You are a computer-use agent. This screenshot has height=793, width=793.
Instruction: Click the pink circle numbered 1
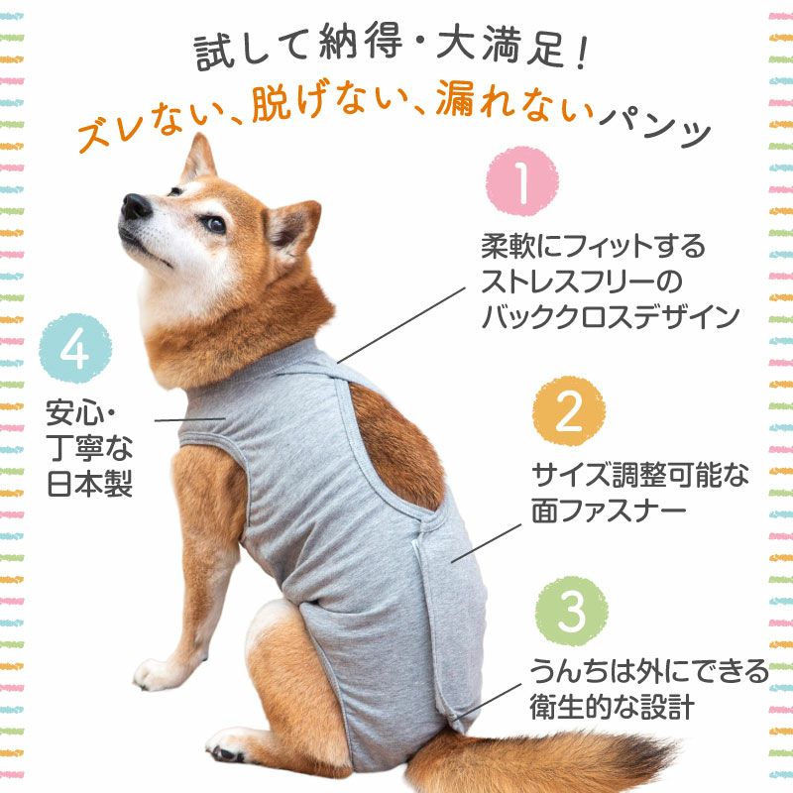(x=522, y=181)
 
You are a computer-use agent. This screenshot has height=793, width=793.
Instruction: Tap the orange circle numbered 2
(x=569, y=411)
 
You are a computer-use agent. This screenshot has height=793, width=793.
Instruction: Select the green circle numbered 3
(x=572, y=611)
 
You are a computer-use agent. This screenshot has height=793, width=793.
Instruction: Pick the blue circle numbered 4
(x=75, y=349)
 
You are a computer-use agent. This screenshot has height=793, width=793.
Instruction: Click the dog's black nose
(x=136, y=206)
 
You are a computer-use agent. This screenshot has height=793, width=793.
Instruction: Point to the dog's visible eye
(x=214, y=224)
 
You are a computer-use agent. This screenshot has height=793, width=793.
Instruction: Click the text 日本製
(x=90, y=484)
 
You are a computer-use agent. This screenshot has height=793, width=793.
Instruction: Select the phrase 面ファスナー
(x=609, y=510)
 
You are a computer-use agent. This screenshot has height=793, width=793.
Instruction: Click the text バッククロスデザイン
(x=611, y=317)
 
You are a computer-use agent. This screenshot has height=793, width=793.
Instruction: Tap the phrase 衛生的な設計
(x=612, y=707)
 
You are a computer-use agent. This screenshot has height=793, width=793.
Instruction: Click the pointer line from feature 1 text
(x=401, y=326)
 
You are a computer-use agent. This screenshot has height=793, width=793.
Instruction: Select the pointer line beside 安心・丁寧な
(x=190, y=419)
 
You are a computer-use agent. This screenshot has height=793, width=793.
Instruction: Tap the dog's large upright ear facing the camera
(x=292, y=229)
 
